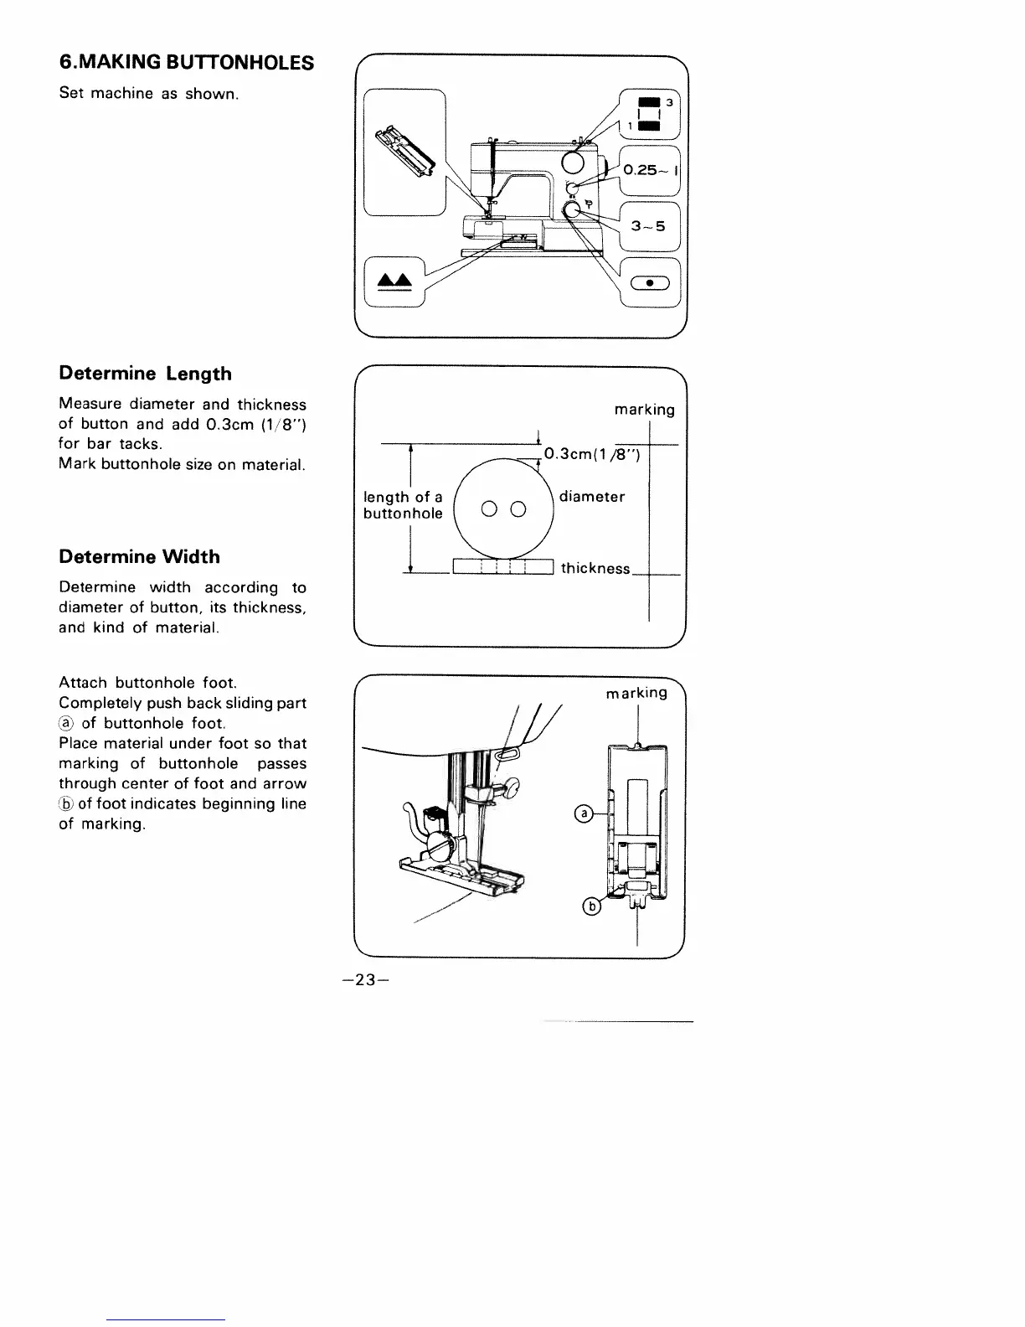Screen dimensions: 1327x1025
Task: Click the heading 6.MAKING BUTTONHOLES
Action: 187,62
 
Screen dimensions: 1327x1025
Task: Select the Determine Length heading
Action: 145,374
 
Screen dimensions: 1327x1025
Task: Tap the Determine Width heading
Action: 139,557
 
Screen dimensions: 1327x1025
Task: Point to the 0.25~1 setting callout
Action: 651,170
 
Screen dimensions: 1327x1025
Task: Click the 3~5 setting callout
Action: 649,225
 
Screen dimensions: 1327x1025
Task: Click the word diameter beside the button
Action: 592,497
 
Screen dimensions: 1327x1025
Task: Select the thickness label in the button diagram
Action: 595,568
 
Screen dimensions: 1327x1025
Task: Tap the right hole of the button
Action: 518,509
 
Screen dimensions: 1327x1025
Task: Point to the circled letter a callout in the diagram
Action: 585,813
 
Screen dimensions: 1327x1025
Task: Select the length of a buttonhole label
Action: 403,505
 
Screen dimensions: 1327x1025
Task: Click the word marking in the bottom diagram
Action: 637,693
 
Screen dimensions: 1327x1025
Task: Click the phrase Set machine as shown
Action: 149,94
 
